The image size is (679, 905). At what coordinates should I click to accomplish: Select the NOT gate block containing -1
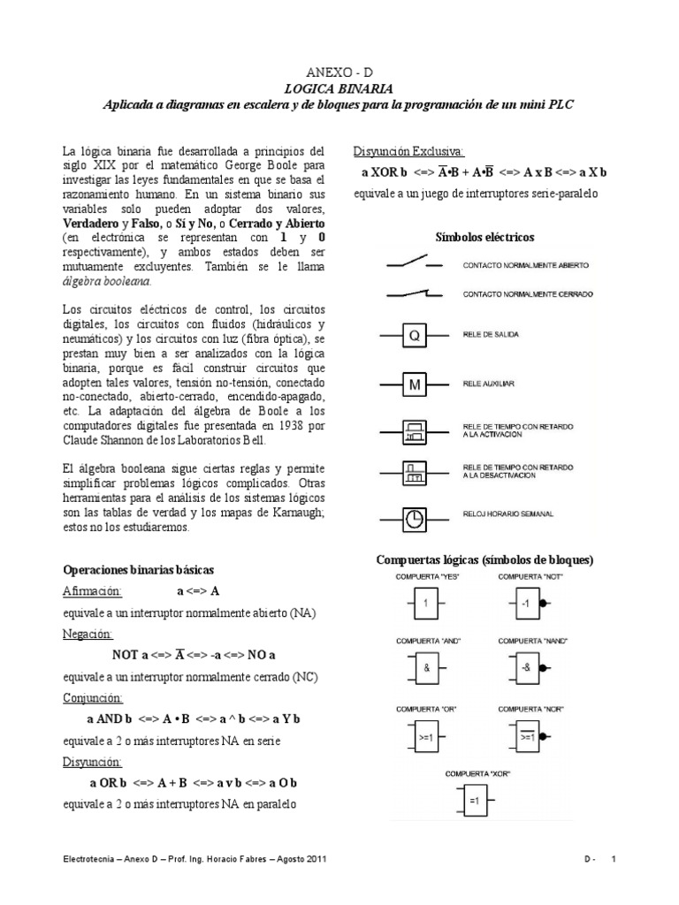tap(525, 605)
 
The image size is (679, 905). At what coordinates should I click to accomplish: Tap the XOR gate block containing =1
tap(473, 802)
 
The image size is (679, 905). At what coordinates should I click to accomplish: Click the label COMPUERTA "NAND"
tap(533, 640)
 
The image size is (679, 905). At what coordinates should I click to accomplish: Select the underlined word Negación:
tap(88, 634)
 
